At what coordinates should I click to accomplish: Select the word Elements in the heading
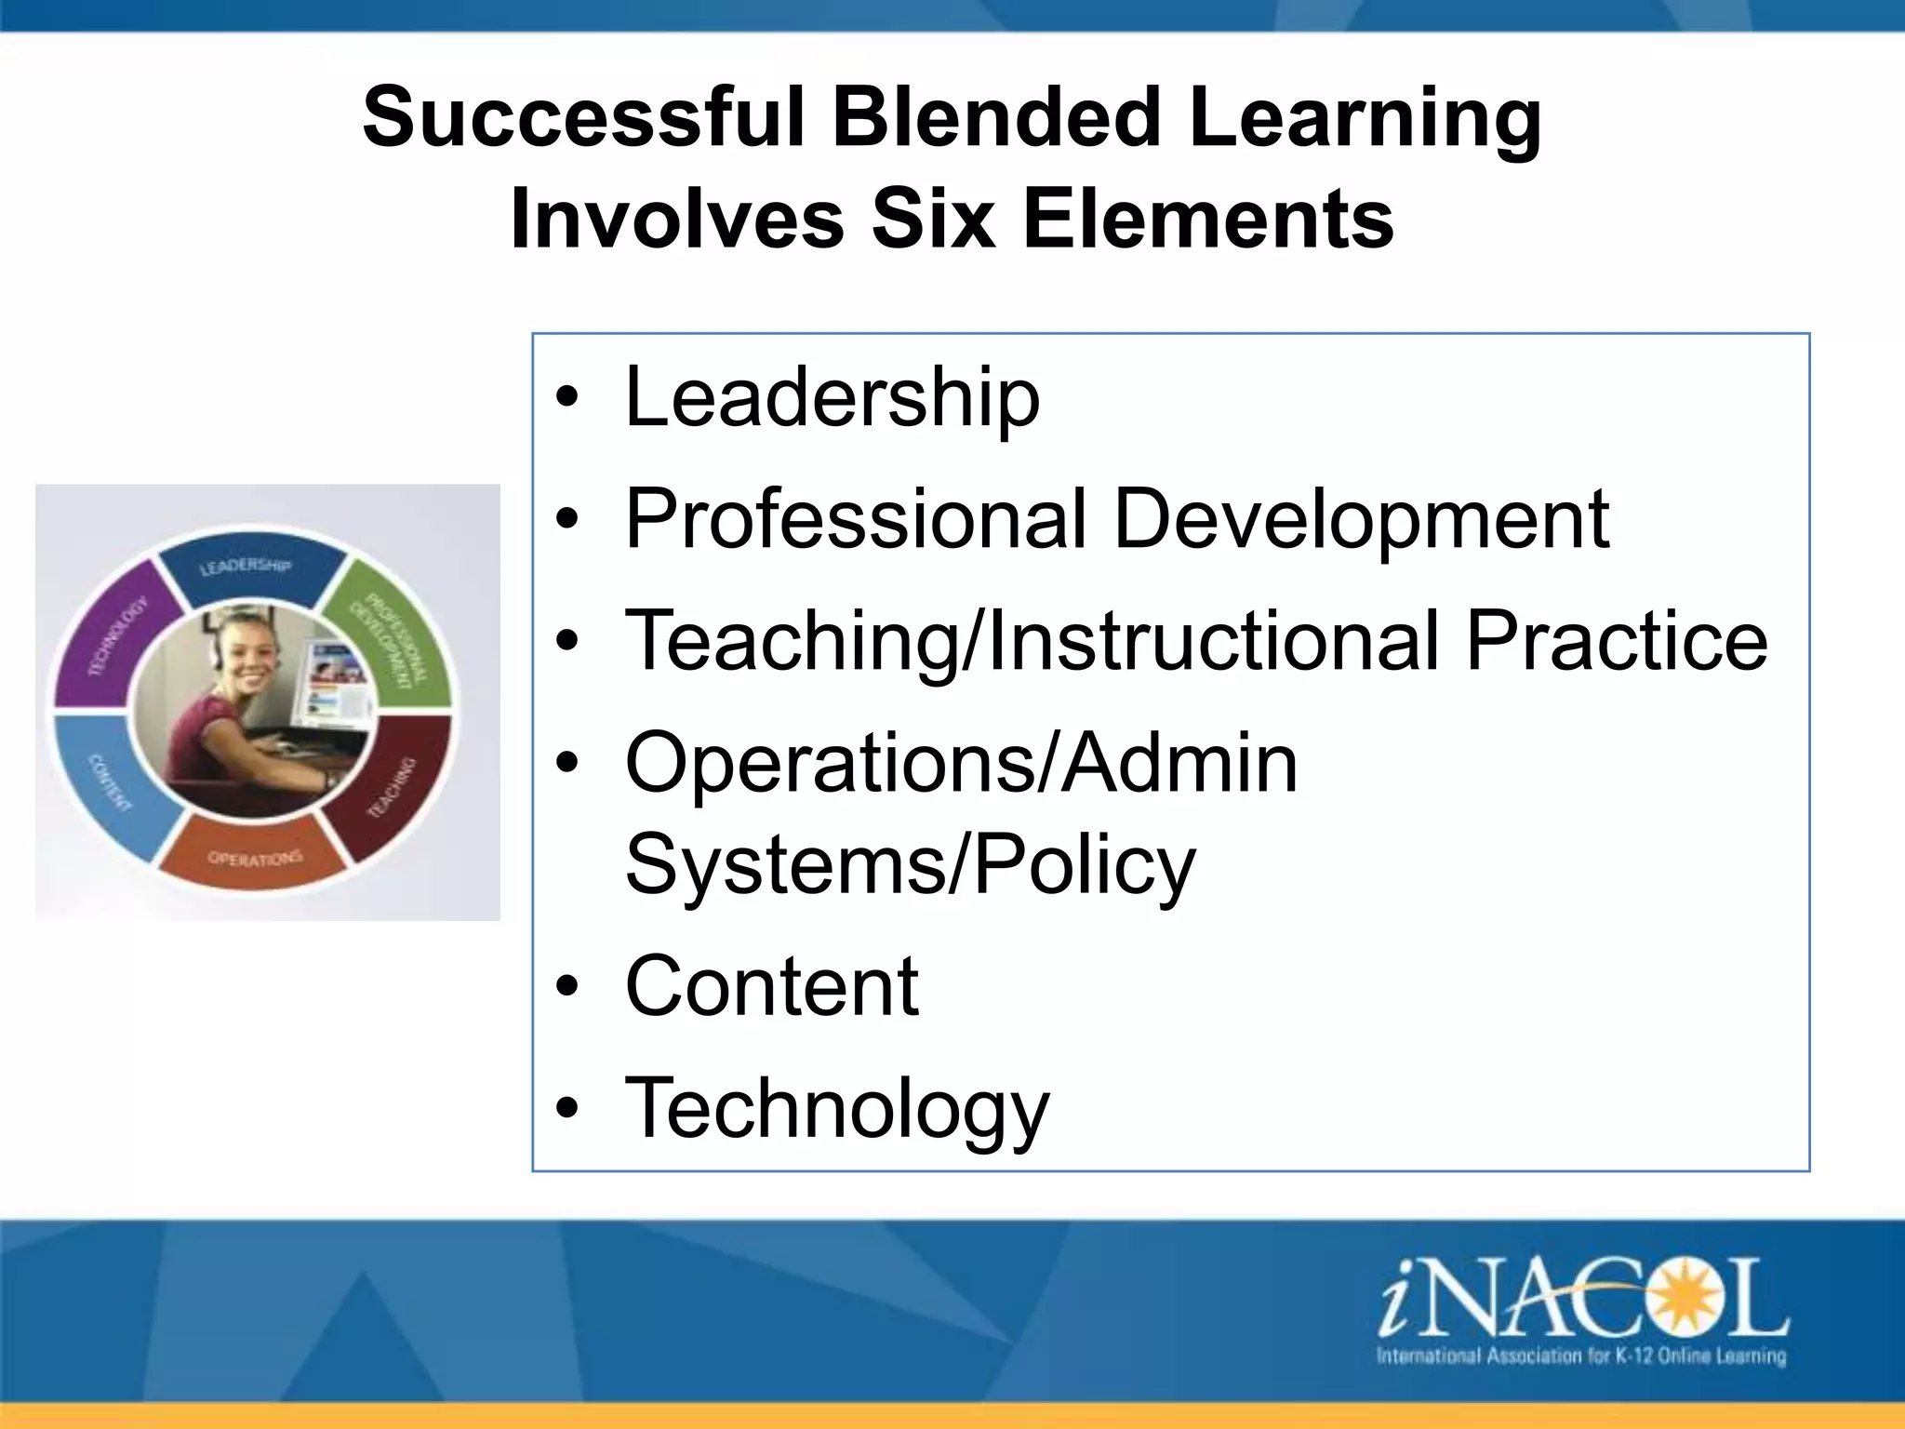click(1208, 220)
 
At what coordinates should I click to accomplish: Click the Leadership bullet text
click(833, 398)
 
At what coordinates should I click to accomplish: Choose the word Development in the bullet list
click(1362, 519)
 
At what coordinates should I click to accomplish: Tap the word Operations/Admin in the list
click(962, 762)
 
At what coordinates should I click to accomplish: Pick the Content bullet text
click(772, 986)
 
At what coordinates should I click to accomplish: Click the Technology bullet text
click(837, 1108)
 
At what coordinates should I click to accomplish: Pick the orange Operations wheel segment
click(253, 856)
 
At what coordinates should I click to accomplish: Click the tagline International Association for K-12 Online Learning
click(1580, 1356)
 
